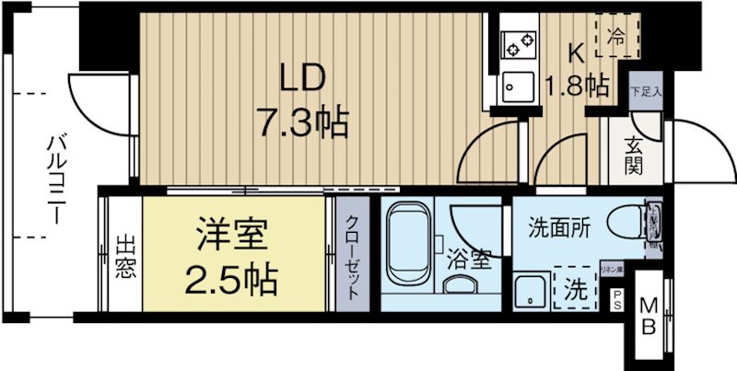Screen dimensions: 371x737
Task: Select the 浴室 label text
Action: click(x=472, y=261)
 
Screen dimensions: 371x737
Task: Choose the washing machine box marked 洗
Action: click(x=574, y=289)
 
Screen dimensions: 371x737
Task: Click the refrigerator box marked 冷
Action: click(x=614, y=38)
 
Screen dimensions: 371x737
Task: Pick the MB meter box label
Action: click(x=649, y=316)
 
